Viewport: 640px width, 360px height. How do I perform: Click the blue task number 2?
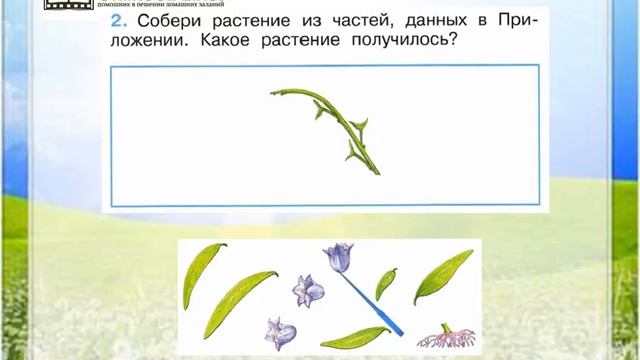click(116, 22)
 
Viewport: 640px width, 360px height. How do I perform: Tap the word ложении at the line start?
click(148, 44)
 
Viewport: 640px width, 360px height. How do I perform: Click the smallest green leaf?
click(386, 283)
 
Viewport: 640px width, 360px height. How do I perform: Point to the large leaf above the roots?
click(443, 276)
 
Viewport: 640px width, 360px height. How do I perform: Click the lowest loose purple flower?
click(279, 332)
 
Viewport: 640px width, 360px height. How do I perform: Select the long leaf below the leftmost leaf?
click(240, 304)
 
